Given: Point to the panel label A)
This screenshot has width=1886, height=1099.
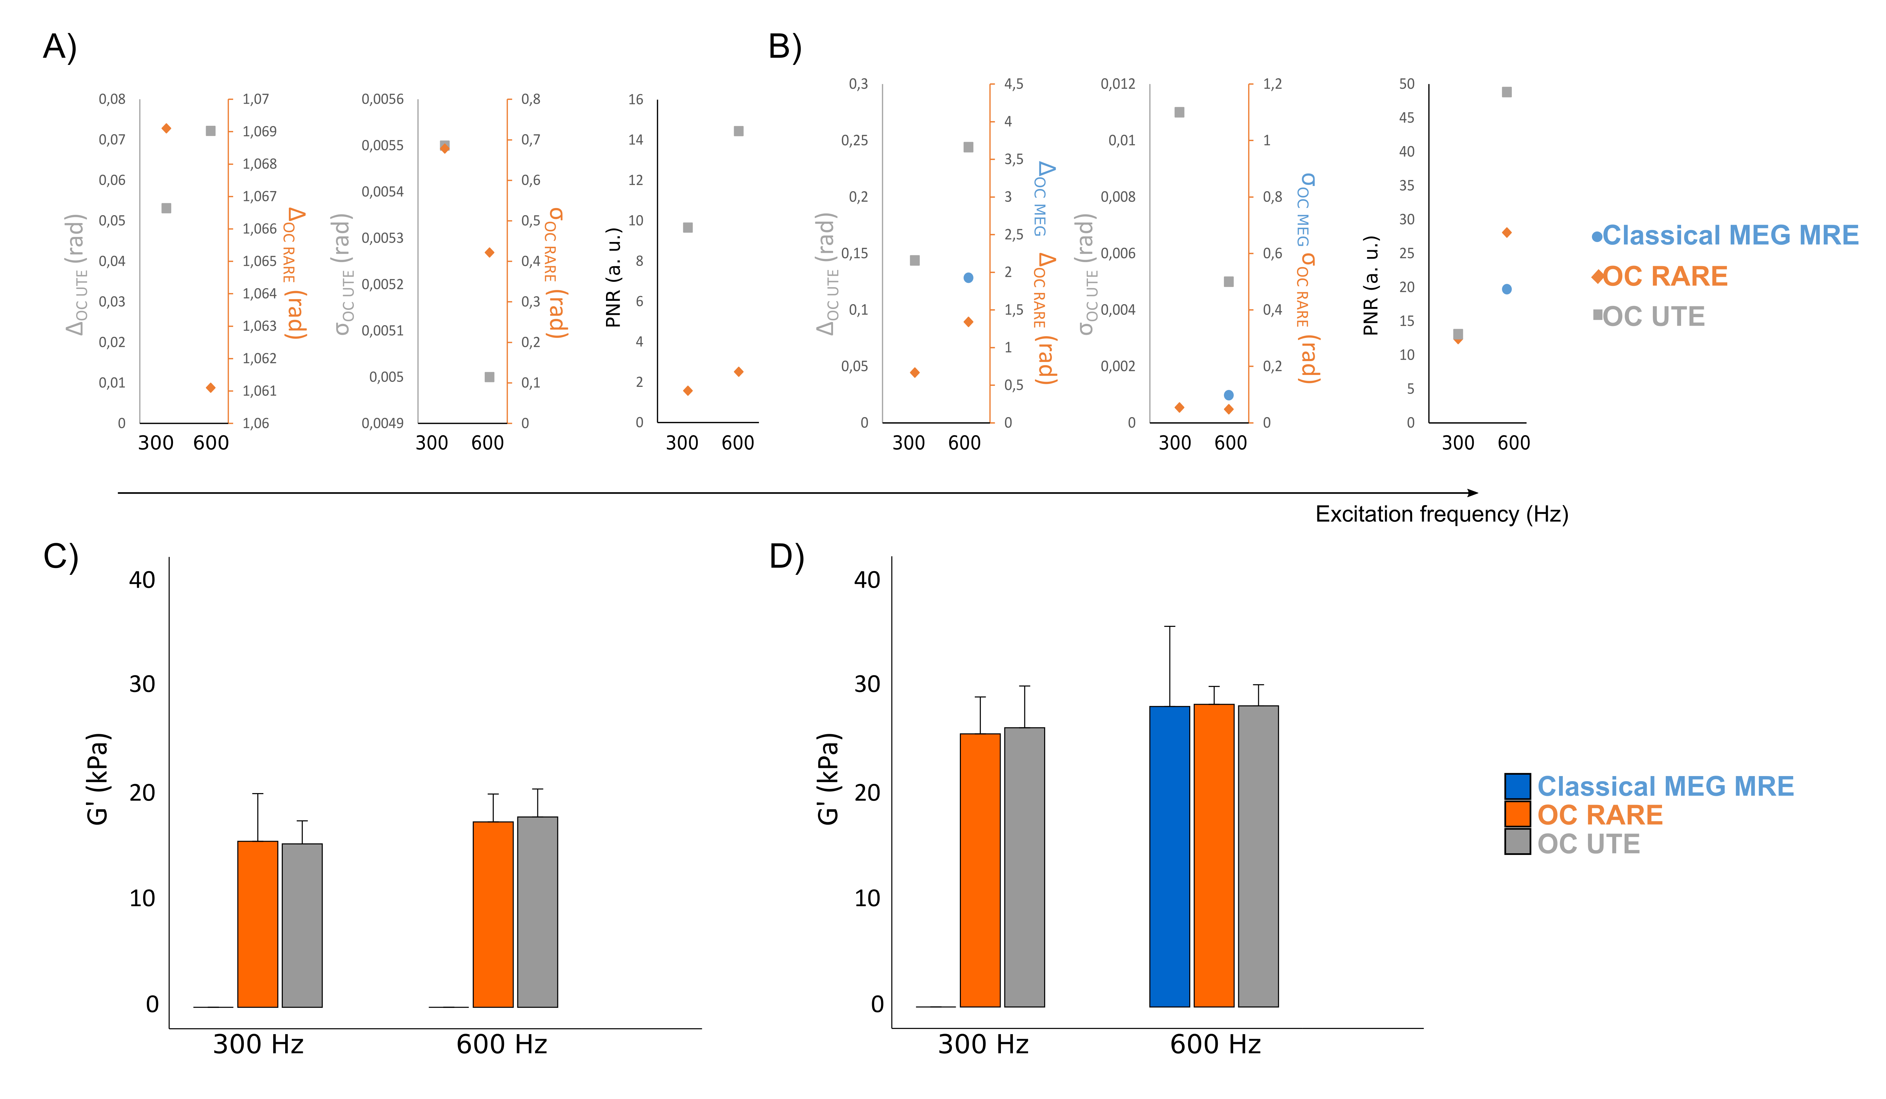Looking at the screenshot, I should [60, 47].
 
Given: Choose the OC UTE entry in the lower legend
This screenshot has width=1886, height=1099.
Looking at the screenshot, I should [1588, 844].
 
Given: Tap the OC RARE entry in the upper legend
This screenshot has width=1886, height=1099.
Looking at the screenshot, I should [1664, 276].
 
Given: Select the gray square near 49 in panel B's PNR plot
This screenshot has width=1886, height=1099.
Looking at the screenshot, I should [1507, 92].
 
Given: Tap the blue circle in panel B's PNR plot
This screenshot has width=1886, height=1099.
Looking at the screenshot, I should [1507, 289].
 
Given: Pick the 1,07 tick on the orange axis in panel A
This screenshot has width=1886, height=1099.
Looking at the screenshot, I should [255, 99].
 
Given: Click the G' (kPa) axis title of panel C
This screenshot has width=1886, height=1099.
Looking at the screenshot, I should [98, 778].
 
